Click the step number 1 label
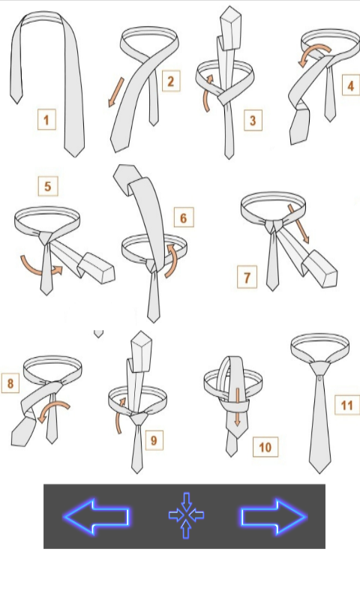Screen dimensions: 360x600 pyautogui.click(x=46, y=120)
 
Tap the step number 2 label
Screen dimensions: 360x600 pyautogui.click(x=171, y=81)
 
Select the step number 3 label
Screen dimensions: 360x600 pyautogui.click(x=253, y=121)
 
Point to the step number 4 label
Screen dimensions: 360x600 pyautogui.click(x=351, y=85)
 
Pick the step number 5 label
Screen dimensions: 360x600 pyautogui.click(x=48, y=186)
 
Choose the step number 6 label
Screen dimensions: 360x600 pyautogui.click(x=184, y=217)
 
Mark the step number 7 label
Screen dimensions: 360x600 pyautogui.click(x=247, y=277)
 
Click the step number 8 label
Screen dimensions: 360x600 pyautogui.click(x=10, y=383)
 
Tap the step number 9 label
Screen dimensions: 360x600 pyautogui.click(x=154, y=440)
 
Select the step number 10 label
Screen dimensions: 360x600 pyautogui.click(x=265, y=447)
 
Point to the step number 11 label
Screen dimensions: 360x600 pyautogui.click(x=347, y=405)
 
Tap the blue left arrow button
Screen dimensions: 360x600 pyautogui.click(x=97, y=516)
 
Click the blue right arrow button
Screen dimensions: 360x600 pyautogui.click(x=274, y=516)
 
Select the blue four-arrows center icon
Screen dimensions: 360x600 pyautogui.click(x=186, y=515)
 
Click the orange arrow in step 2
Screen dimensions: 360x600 pyautogui.click(x=116, y=92)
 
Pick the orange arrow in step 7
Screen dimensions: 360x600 pyautogui.click(x=298, y=224)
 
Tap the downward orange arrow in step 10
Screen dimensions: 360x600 pyautogui.click(x=238, y=407)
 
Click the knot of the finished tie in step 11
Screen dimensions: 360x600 pyautogui.click(x=319, y=369)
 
